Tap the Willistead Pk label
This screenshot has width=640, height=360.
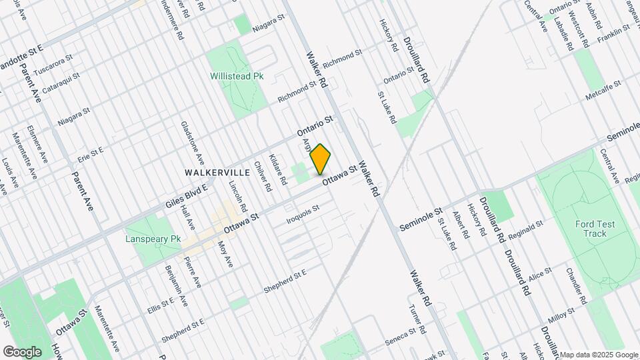click(237, 76)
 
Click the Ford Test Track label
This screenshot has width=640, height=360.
click(591, 229)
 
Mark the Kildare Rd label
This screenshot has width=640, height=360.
click(277, 169)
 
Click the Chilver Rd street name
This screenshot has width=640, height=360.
click(263, 177)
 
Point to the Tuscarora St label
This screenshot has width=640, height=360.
click(56, 69)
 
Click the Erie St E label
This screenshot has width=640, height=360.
click(91, 154)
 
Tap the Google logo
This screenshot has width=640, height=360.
click(23, 351)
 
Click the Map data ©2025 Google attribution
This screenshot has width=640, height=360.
click(599, 355)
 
